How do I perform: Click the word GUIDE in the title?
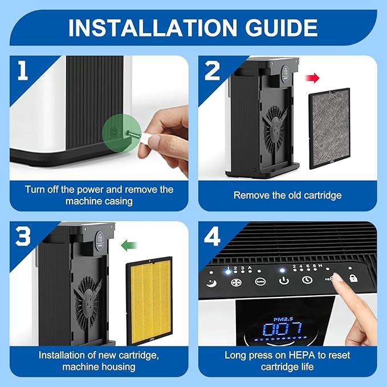tap(281, 27)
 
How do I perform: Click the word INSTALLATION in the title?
tap(152, 27)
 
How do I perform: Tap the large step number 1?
tap(23, 70)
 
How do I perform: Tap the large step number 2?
tap(212, 70)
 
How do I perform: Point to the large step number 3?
tap(23, 236)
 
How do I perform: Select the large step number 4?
tap(212, 236)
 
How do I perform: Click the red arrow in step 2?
tap(312, 78)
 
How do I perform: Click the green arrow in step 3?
tap(129, 245)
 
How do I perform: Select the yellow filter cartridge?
tap(149, 301)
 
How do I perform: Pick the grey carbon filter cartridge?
tap(329, 128)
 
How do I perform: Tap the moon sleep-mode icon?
tap(211, 283)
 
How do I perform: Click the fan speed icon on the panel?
tap(236, 283)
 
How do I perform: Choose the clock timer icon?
tap(307, 280)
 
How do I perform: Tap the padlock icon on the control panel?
tap(353, 278)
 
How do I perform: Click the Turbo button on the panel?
tap(260, 282)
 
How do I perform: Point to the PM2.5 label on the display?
tap(283, 319)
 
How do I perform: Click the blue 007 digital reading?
tap(282, 329)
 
